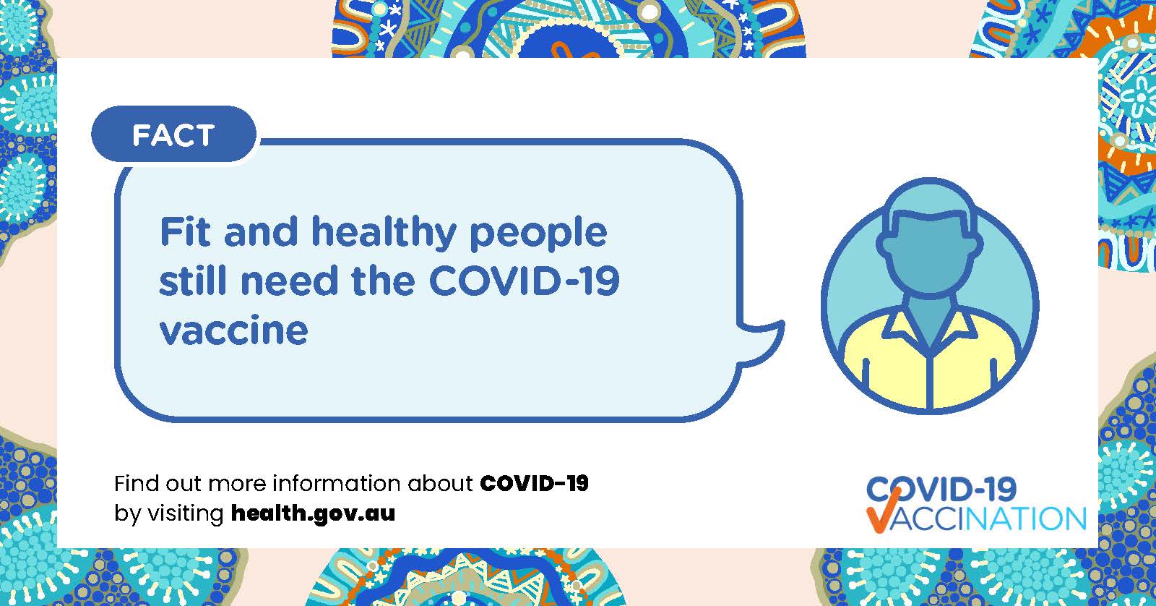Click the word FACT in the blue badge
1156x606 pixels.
click(173, 135)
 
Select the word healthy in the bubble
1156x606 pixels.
click(384, 233)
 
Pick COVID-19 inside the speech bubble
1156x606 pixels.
click(525, 281)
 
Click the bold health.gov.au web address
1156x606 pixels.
click(314, 513)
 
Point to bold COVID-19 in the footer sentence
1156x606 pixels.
click(534, 484)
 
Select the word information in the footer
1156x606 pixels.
click(336, 484)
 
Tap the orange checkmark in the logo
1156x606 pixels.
click(884, 509)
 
